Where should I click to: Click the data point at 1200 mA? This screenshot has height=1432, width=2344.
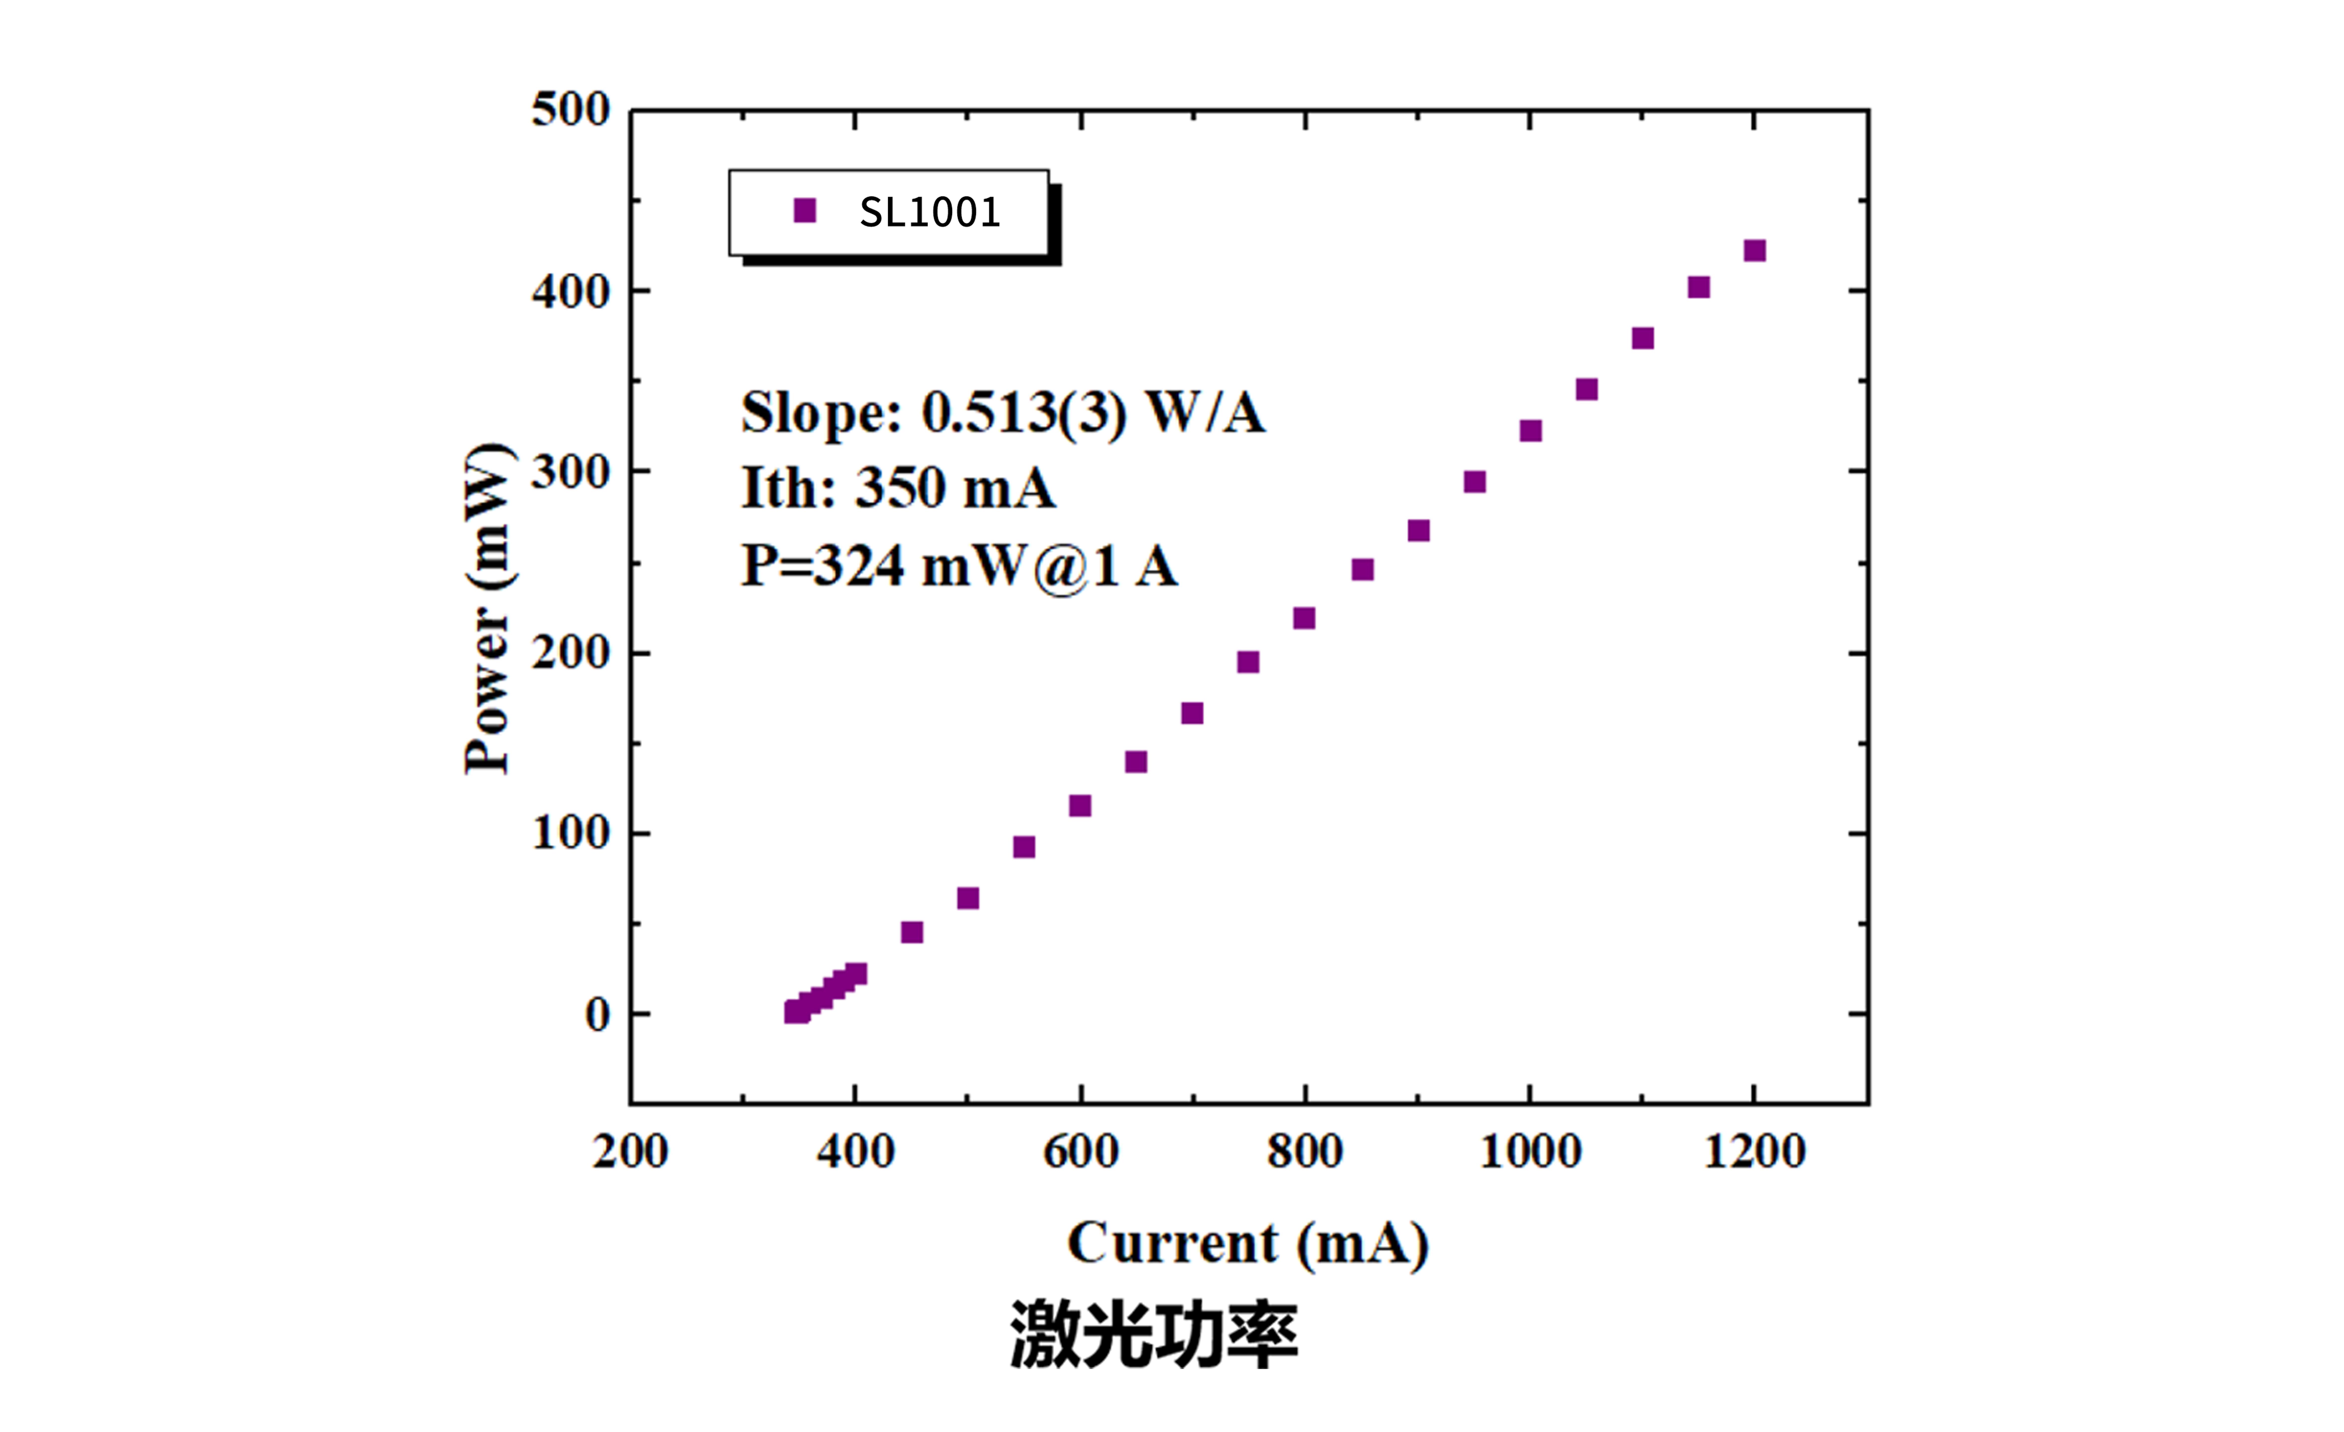1754,250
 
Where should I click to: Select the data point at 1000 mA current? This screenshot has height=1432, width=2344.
1530,431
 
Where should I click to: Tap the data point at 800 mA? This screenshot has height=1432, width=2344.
1304,618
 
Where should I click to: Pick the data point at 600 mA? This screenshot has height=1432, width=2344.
1080,806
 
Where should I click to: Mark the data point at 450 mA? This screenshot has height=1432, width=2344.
911,931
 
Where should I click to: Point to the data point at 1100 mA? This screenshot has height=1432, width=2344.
1642,339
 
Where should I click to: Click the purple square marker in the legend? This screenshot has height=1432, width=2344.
805,210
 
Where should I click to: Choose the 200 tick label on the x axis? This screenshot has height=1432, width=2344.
630,1151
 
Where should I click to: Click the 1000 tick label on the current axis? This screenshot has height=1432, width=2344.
1530,1151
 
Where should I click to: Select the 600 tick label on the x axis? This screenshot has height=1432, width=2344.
1081,1151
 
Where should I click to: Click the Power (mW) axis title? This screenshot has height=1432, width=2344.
487,609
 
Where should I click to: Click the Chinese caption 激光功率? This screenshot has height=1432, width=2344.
1154,1335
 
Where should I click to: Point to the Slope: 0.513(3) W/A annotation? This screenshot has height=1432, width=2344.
1003,413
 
